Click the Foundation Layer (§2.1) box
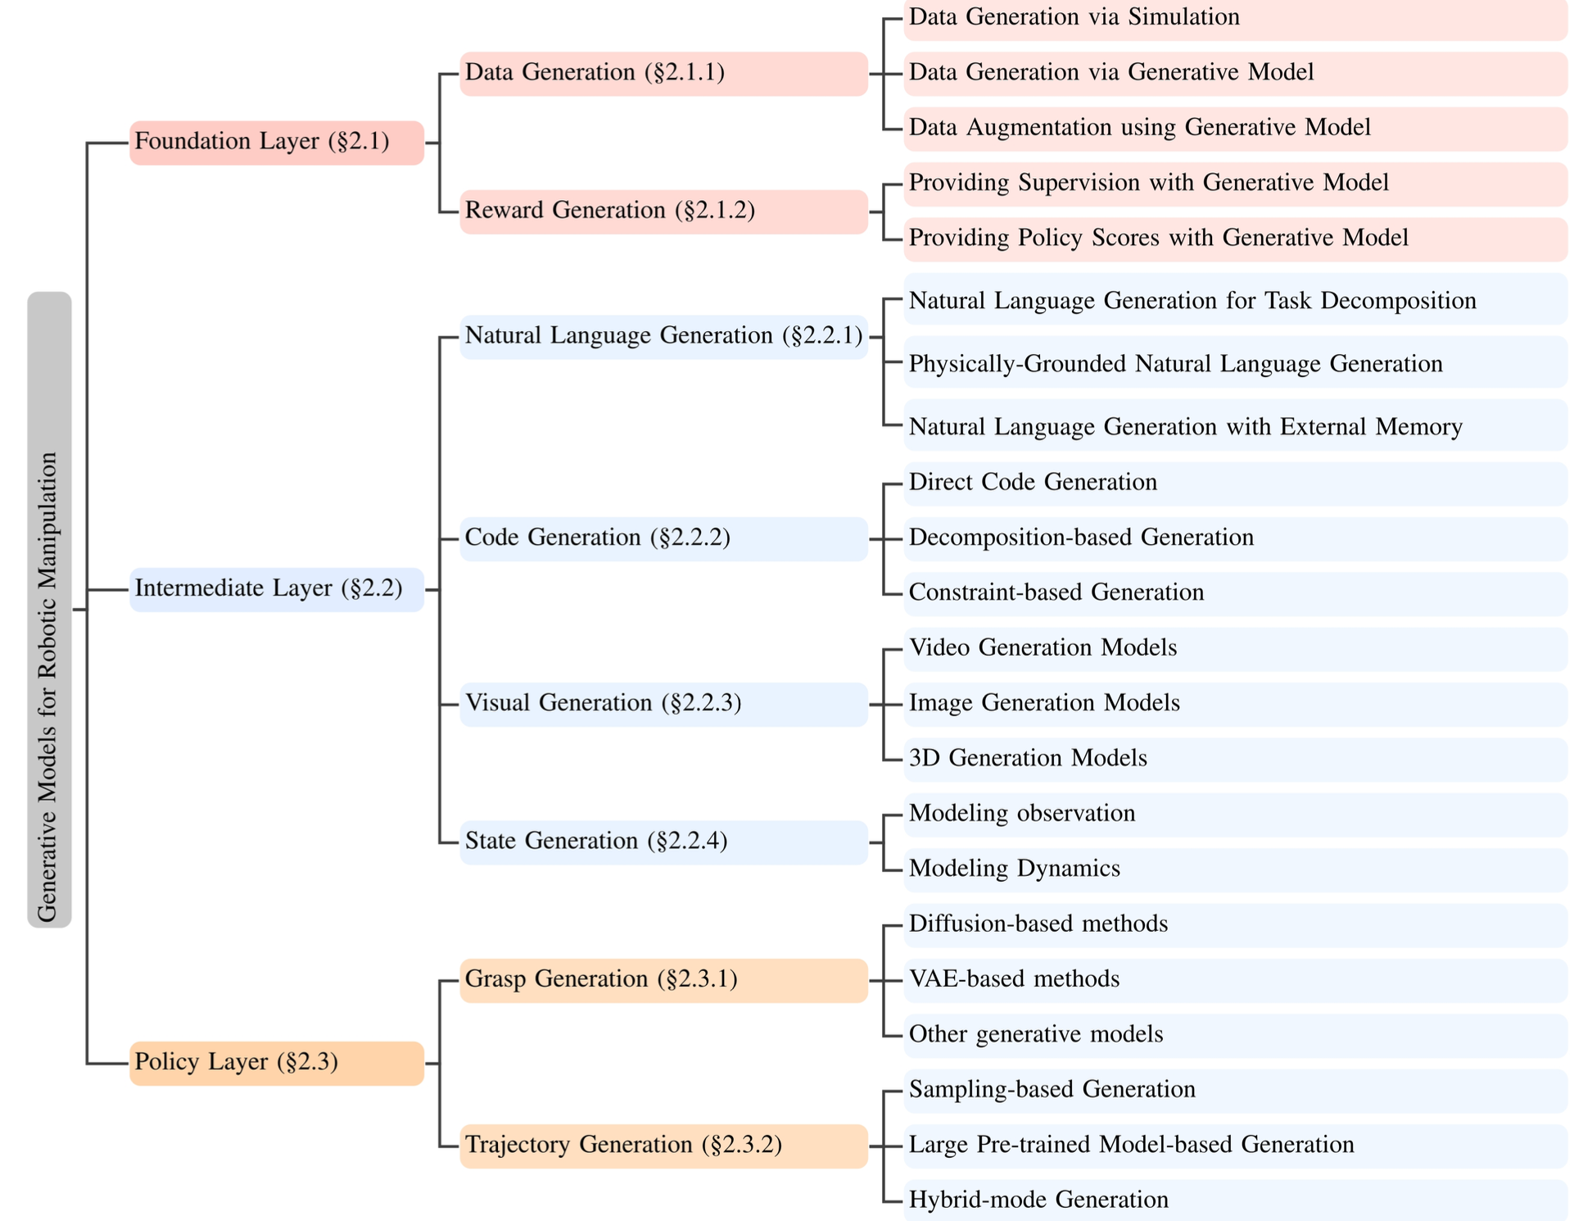[x=276, y=143]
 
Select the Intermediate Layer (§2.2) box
[x=276, y=589]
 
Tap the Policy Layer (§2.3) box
[x=276, y=1063]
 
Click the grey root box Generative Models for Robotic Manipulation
[x=49, y=609]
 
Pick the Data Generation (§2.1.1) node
[x=663, y=74]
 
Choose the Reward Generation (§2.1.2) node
[x=663, y=211]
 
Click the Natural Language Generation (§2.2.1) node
[x=663, y=337]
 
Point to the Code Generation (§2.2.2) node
[x=663, y=538]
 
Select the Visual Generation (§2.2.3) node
[x=663, y=704]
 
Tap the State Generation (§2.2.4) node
[x=663, y=842]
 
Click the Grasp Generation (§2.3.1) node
[x=663, y=980]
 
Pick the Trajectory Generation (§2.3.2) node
[x=663, y=1146]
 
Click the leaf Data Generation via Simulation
[x=1234, y=18]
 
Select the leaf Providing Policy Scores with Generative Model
[x=1234, y=238]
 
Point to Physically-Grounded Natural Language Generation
[x=1234, y=364]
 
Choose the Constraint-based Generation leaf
[x=1234, y=593]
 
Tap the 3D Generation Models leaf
[x=1234, y=759]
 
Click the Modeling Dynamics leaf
[x=1234, y=869]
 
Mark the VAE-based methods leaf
[x=1234, y=980]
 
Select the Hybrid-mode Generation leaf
[x=1234, y=1200]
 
